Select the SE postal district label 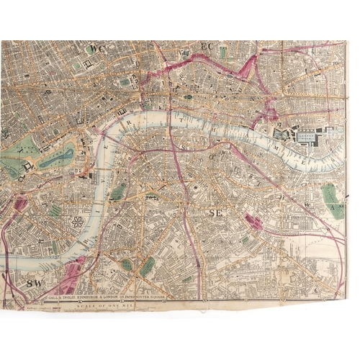215,213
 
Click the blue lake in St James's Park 56,158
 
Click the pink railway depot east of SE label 253,222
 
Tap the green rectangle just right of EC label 223,52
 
